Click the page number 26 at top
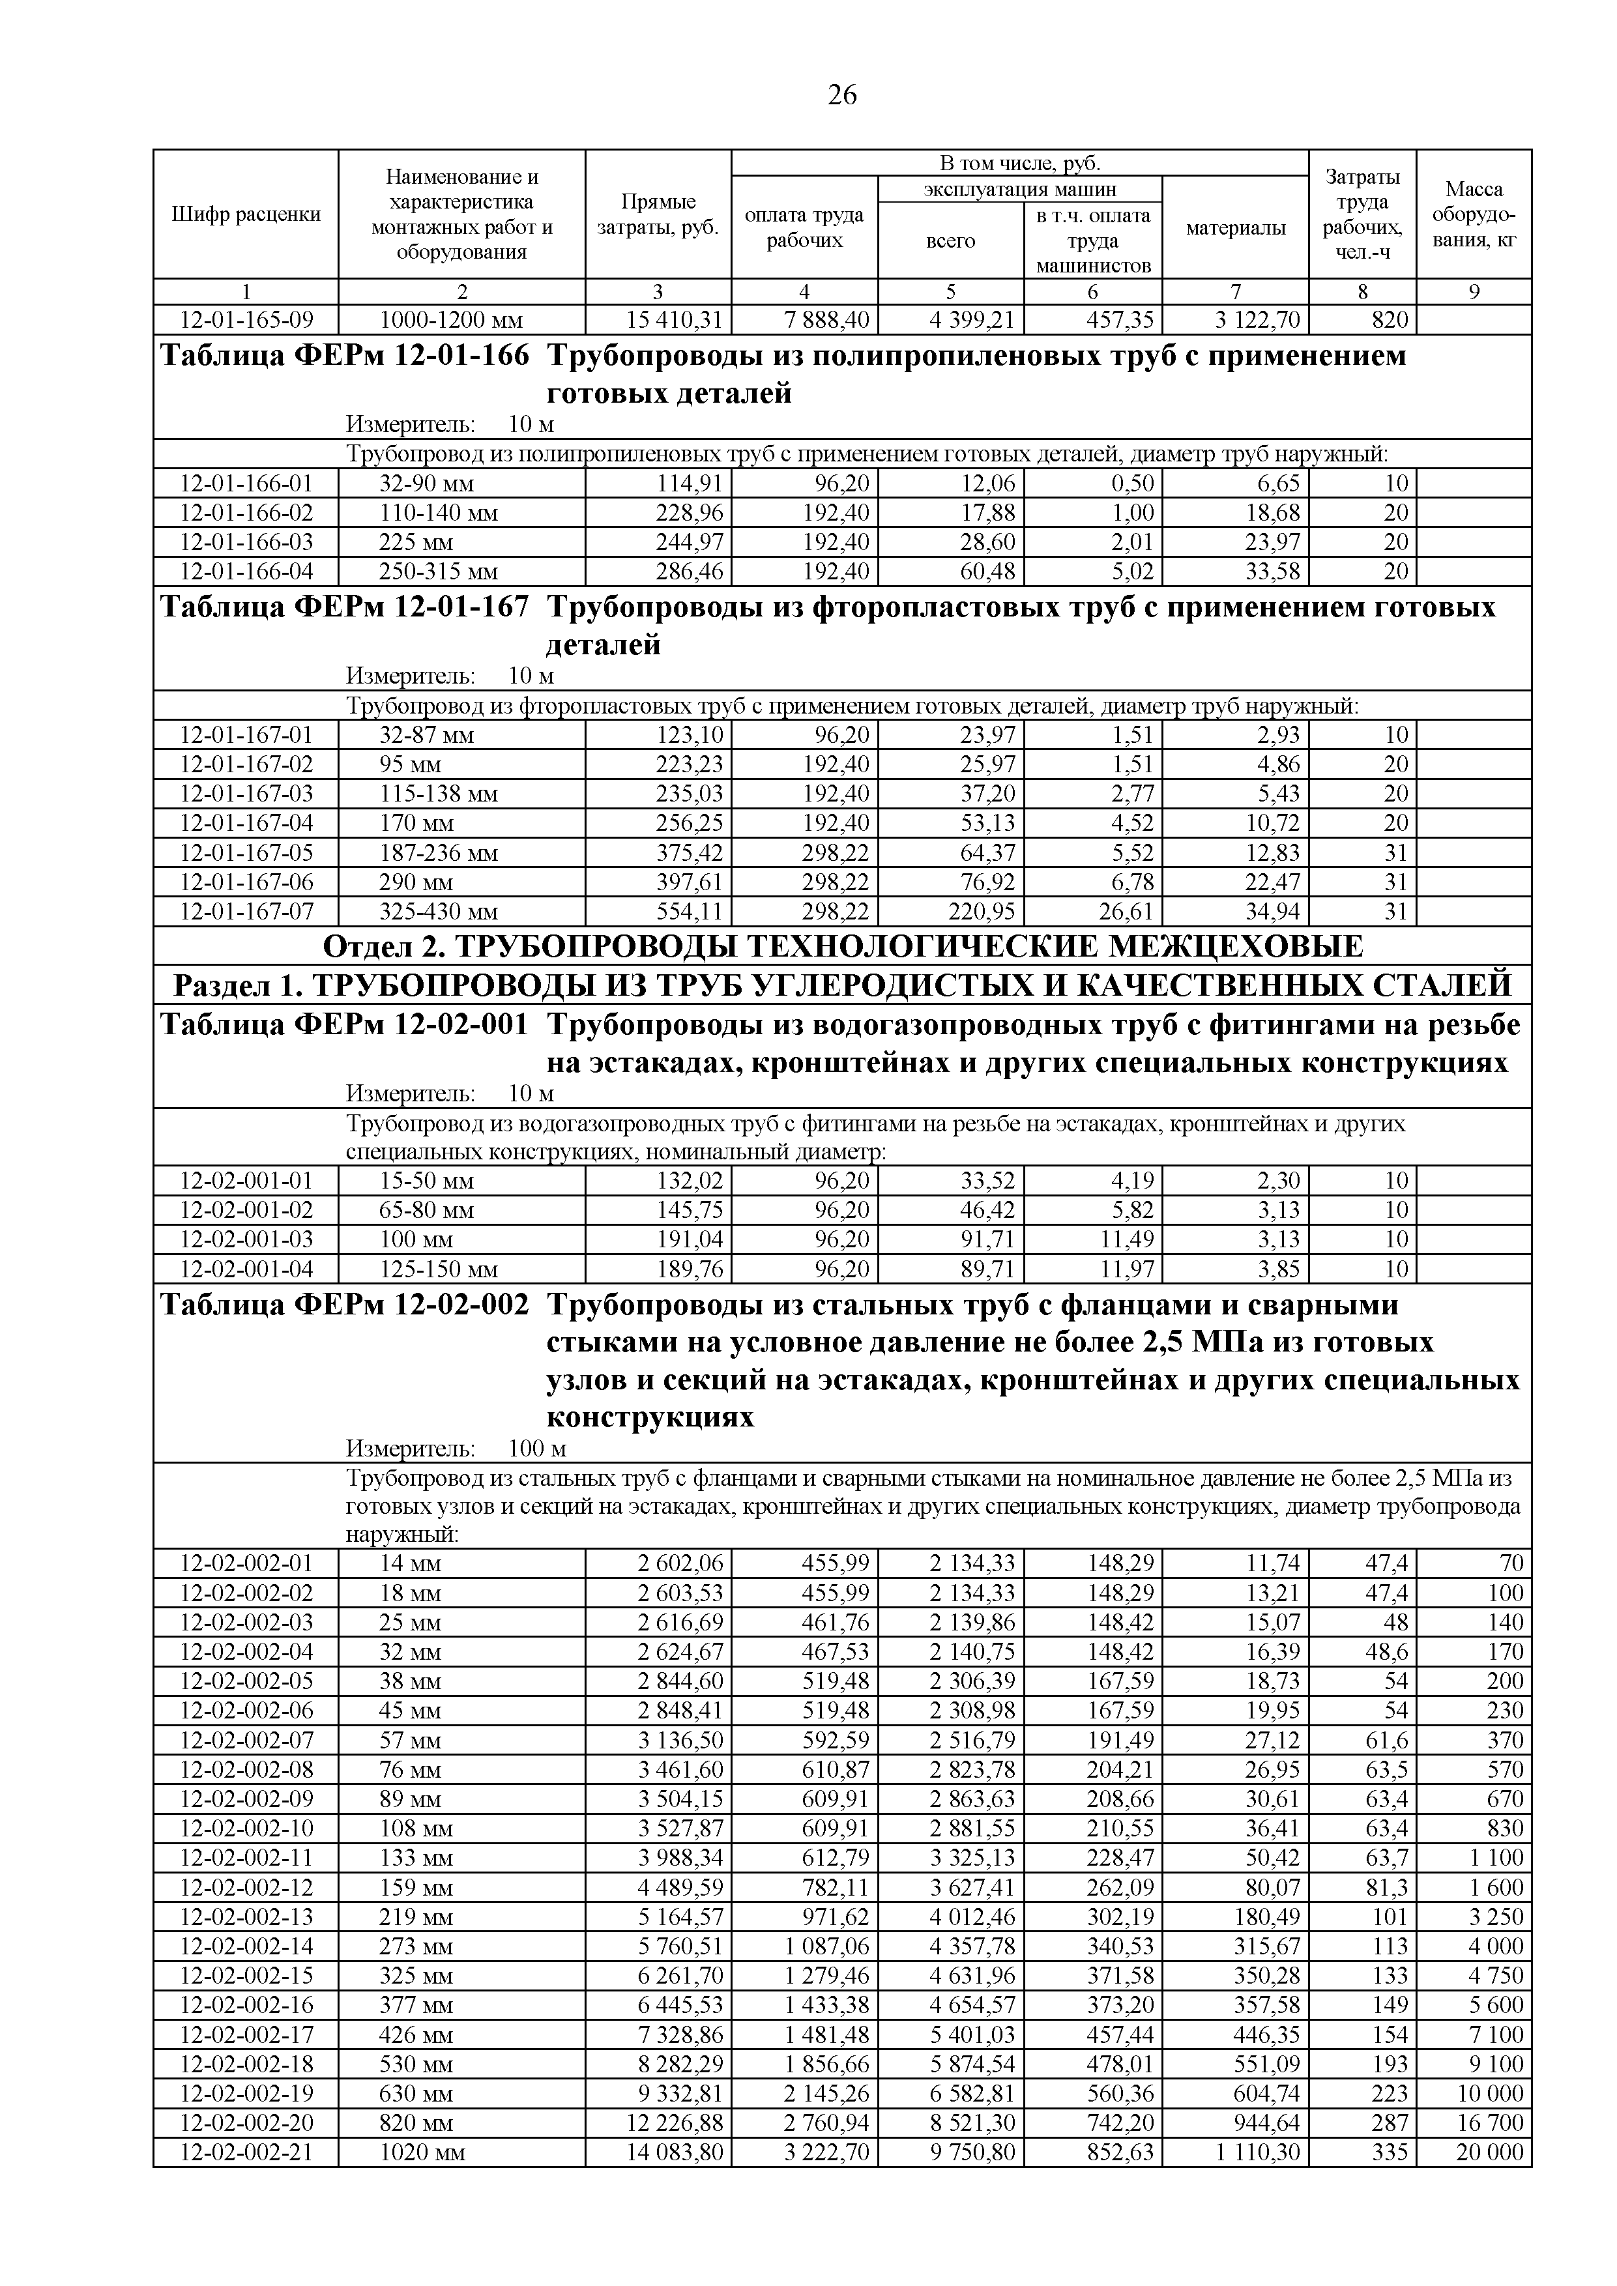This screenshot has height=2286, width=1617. [x=841, y=96]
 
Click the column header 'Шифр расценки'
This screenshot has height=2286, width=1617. [x=246, y=214]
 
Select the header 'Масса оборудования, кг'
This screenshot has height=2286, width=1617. [x=1474, y=214]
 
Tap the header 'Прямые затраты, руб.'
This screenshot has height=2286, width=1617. [x=658, y=214]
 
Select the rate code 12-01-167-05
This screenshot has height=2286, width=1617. [x=246, y=853]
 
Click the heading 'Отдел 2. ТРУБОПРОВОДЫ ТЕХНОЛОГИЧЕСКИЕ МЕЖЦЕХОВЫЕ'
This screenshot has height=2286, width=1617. [x=842, y=946]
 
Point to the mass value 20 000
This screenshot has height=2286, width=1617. [x=1489, y=2152]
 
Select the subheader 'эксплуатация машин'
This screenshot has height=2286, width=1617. [x=1019, y=189]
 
